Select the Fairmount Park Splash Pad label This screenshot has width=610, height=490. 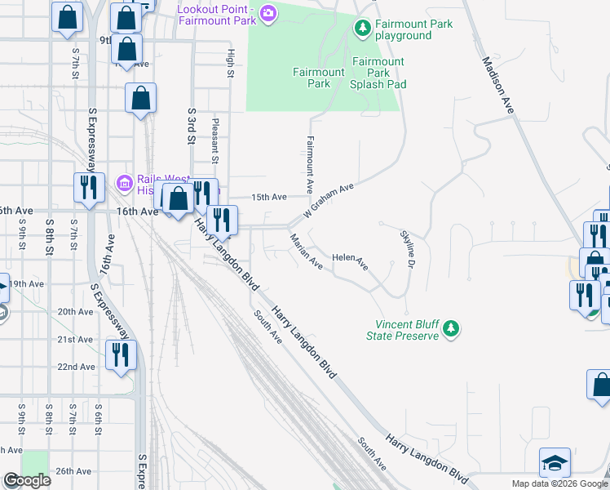(x=378, y=73)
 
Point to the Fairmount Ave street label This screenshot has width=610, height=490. (x=310, y=164)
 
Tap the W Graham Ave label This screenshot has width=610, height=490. (x=329, y=200)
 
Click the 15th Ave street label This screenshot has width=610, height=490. (x=269, y=197)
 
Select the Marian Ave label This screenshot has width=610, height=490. (x=304, y=250)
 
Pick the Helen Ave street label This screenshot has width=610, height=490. (x=350, y=263)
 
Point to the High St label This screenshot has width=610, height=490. (x=231, y=63)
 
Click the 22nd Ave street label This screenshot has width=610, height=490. (x=75, y=367)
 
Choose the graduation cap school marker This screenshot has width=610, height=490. (x=555, y=462)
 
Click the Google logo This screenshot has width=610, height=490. (x=27, y=480)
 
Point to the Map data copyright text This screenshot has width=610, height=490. (x=559, y=483)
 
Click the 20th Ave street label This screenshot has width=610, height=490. (x=75, y=311)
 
